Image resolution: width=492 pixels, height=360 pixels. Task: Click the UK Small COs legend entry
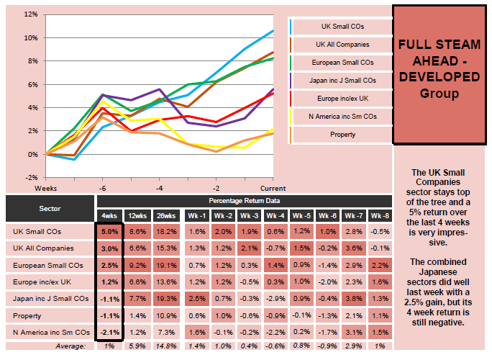pos(342,27)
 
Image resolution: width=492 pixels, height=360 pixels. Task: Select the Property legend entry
pos(342,133)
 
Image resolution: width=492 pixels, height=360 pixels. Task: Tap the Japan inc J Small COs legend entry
pos(342,80)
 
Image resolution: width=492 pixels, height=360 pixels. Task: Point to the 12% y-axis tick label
pos(30,14)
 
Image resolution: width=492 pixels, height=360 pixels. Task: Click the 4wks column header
pos(109,215)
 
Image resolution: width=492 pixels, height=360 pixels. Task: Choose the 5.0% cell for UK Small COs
pos(109,232)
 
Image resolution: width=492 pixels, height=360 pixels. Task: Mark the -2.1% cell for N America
pos(109,331)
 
